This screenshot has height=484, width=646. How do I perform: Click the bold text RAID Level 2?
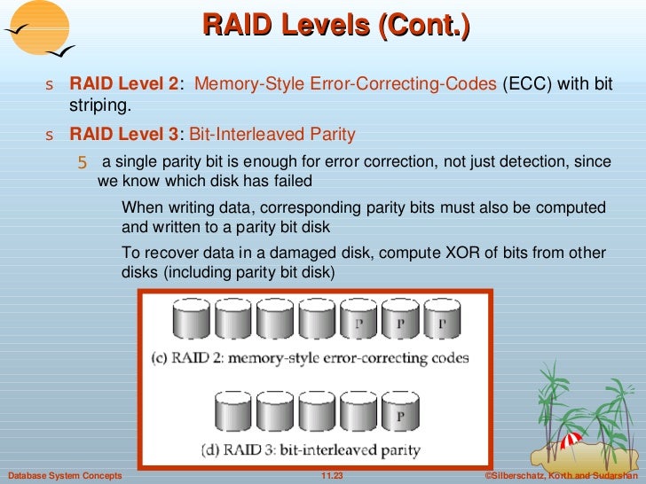(x=123, y=84)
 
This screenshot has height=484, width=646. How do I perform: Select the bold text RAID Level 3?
(x=123, y=135)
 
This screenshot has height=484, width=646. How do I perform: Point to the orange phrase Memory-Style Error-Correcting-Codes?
(x=345, y=84)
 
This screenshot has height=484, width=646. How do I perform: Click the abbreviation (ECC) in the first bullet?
(x=524, y=84)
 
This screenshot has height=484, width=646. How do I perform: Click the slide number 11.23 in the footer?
(x=331, y=476)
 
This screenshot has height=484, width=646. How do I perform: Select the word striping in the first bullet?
(x=100, y=105)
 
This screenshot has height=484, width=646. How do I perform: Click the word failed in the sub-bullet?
(x=291, y=181)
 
